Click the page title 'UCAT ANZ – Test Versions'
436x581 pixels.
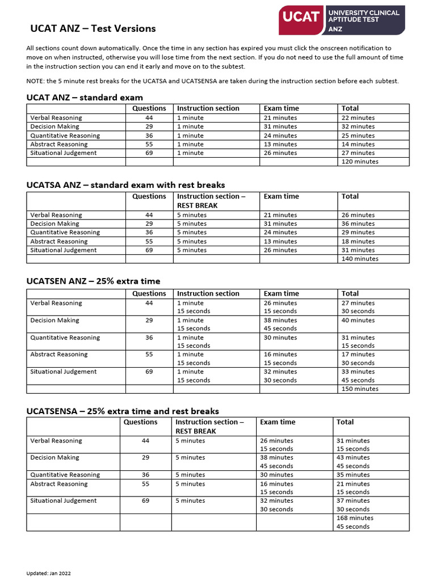pyautogui.click(x=93, y=28)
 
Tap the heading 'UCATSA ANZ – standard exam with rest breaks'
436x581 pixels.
pyautogui.click(x=125, y=185)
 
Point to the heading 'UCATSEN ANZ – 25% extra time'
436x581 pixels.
pyautogui.click(x=93, y=281)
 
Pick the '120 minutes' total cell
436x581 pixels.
pyautogui.click(x=360, y=162)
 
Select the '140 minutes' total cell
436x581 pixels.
pyautogui.click(x=360, y=259)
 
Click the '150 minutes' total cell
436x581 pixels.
pyautogui.click(x=360, y=389)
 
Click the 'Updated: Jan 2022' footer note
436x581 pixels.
pyautogui.click(x=48, y=573)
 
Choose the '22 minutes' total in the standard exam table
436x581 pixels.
pyautogui.click(x=358, y=118)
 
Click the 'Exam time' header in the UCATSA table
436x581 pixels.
pyautogui.click(x=281, y=196)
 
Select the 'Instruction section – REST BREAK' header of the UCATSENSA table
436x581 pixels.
pyautogui.click(x=209, y=427)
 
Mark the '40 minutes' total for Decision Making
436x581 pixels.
pyautogui.click(x=358, y=321)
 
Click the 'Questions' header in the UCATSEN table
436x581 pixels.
pyautogui.click(x=149, y=294)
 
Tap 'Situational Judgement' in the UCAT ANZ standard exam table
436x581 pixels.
pyautogui.click(x=64, y=153)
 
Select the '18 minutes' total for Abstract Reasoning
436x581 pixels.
pyautogui.click(x=358, y=241)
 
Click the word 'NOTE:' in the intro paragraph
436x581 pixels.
pyautogui.click(x=35, y=81)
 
